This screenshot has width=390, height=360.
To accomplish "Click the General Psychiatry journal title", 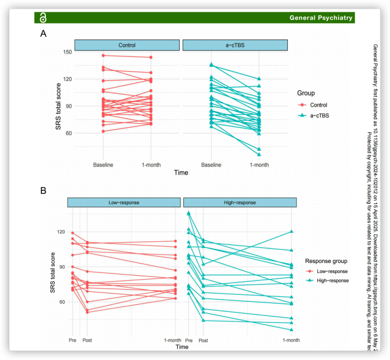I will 321,18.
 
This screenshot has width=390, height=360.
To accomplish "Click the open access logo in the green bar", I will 43,18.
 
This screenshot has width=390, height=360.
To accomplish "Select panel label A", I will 43,34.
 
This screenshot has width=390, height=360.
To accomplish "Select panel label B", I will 43,190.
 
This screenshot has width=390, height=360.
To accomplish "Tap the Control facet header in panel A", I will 127,45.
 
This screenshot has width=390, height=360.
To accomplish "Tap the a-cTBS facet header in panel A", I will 235,45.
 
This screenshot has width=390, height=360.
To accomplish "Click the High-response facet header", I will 240,202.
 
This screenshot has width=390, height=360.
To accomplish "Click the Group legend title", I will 306,93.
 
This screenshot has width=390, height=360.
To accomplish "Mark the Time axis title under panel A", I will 181,173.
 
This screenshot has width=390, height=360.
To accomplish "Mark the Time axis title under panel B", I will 182,347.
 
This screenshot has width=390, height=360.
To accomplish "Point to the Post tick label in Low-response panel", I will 87,340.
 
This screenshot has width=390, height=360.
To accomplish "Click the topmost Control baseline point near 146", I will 103,55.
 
